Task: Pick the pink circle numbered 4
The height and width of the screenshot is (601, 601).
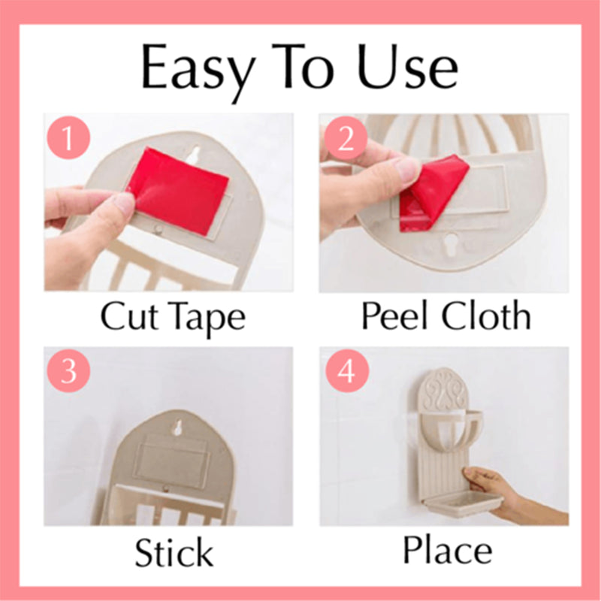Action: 345,371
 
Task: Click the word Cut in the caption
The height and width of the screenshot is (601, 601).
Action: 128,317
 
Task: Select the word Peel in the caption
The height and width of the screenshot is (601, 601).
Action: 396,316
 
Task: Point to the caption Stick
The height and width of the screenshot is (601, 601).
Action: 174,553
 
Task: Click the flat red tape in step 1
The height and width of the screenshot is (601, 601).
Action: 180,191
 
